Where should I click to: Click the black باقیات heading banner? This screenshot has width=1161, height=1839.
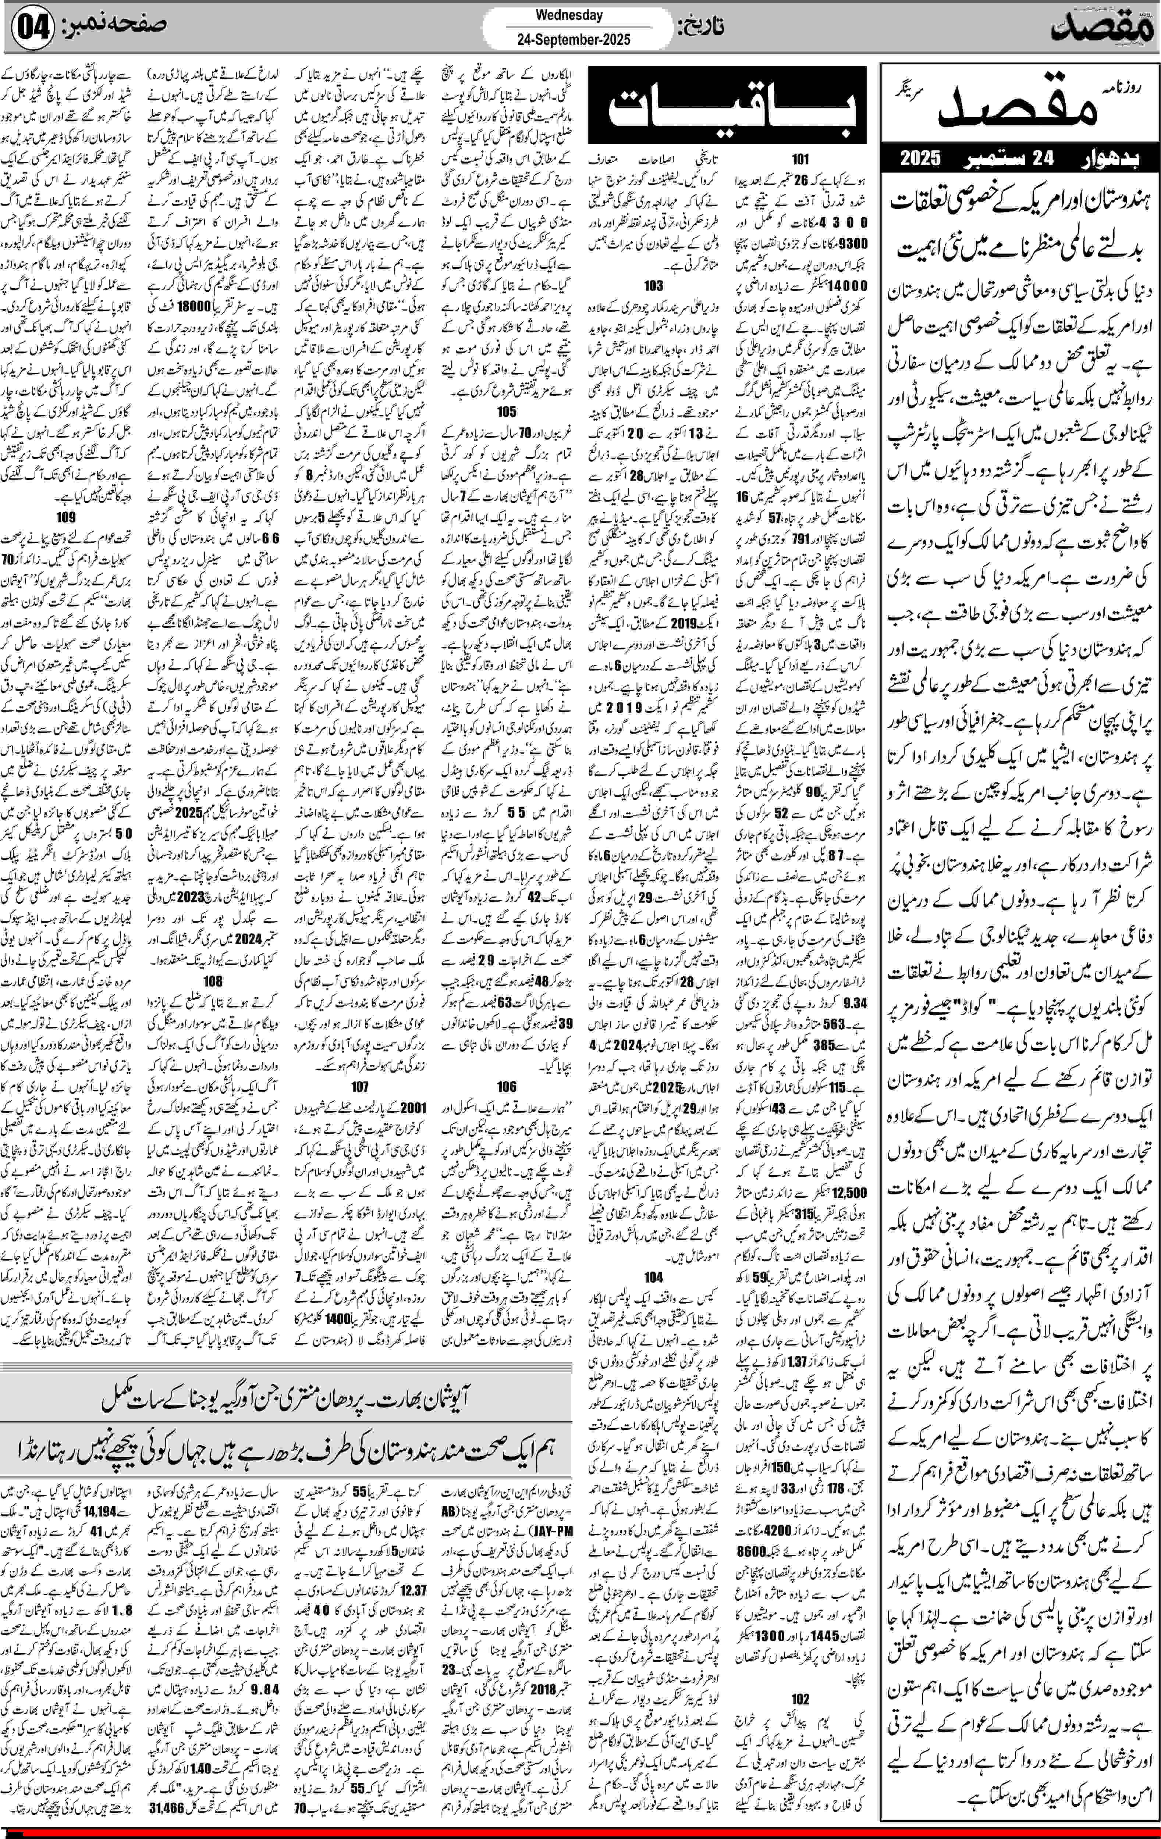click(x=727, y=106)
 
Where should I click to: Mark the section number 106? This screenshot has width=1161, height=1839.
click(x=507, y=1086)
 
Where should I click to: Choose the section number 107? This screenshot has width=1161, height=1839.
click(x=360, y=1086)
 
